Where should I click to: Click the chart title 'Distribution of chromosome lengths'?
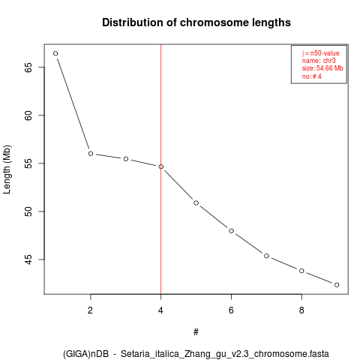coord(196,22)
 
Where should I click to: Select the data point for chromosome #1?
coord(55,53)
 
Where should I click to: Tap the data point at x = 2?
coord(91,154)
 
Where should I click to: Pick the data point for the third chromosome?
coord(126,159)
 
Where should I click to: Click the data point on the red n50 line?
coord(161,166)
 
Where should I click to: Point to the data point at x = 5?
coord(196,202)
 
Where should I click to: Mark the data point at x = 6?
coord(231,231)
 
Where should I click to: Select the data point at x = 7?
coord(266,256)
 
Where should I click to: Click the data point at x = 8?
coord(301,271)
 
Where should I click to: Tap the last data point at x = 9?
coord(337,285)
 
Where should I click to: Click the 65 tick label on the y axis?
coord(28,67)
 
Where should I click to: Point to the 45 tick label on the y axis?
coord(28,259)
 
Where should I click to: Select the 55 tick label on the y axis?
coord(28,163)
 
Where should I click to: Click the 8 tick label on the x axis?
coord(301,310)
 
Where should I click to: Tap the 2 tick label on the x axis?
coord(90,310)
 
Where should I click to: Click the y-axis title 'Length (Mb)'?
coord(7,169)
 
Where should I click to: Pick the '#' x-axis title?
coord(196,332)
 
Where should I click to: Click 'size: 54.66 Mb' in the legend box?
coord(322,68)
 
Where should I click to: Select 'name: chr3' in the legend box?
coord(319,61)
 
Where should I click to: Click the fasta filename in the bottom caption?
coord(225,354)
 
